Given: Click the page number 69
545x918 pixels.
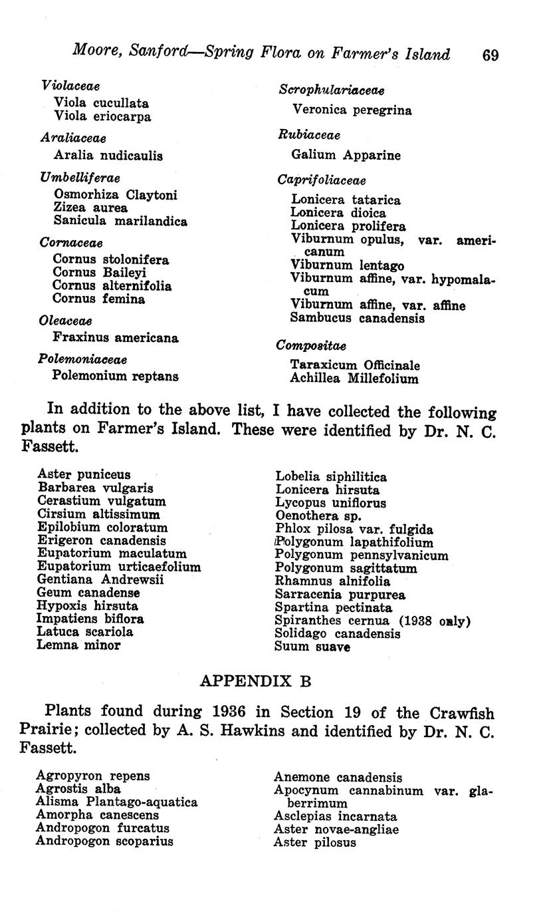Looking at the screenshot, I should (490, 55).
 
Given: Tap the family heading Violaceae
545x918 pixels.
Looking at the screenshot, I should (70, 86).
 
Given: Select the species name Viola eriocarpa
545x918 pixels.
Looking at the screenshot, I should (102, 116).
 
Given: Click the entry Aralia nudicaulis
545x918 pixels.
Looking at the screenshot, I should (108, 156).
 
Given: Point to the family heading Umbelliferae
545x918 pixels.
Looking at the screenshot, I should (80, 178).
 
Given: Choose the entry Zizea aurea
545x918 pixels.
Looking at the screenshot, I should (90, 208).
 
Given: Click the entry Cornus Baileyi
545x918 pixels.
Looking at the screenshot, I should (100, 273).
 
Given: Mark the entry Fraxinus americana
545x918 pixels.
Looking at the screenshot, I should (116, 338).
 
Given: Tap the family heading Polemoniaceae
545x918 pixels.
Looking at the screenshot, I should (82, 359).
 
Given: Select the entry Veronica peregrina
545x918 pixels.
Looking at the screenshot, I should (352, 110).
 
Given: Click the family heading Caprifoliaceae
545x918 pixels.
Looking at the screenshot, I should (322, 180).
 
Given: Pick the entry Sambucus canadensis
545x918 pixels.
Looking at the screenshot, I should (358, 318).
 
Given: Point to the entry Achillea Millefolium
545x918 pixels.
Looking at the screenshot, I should (354, 379).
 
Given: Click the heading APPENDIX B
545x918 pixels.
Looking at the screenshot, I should (255, 681).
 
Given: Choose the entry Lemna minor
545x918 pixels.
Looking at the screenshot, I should (79, 645).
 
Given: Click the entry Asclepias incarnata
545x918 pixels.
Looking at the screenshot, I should (336, 816).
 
